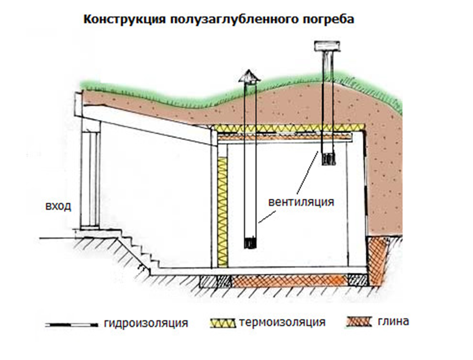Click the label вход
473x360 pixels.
(x=58, y=206)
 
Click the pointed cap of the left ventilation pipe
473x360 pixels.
(x=248, y=77)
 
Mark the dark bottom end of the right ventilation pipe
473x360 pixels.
(x=329, y=159)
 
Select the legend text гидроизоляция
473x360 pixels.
(x=145, y=323)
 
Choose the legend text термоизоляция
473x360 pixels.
(x=281, y=322)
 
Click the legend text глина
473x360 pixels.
(x=394, y=321)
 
